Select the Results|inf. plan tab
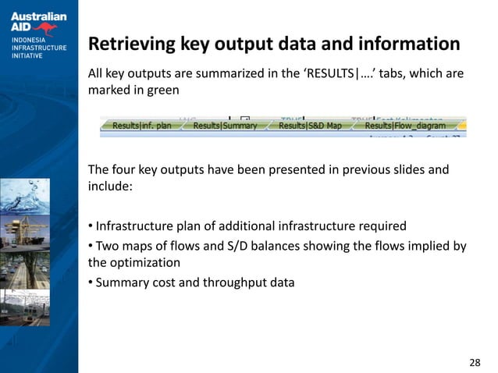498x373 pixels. click(x=141, y=126)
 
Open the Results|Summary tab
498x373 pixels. click(x=225, y=126)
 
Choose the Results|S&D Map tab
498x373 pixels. click(x=310, y=126)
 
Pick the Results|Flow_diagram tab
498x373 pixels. click(x=404, y=126)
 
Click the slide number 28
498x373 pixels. click(x=475, y=363)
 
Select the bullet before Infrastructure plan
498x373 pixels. click(x=90, y=227)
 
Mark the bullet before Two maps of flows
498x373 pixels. click(x=90, y=247)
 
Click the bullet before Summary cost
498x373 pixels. click(x=90, y=282)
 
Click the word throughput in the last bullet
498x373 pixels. click(x=236, y=282)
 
